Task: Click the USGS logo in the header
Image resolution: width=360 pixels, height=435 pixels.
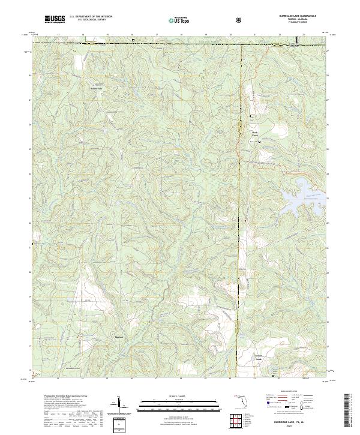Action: point(55,20)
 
